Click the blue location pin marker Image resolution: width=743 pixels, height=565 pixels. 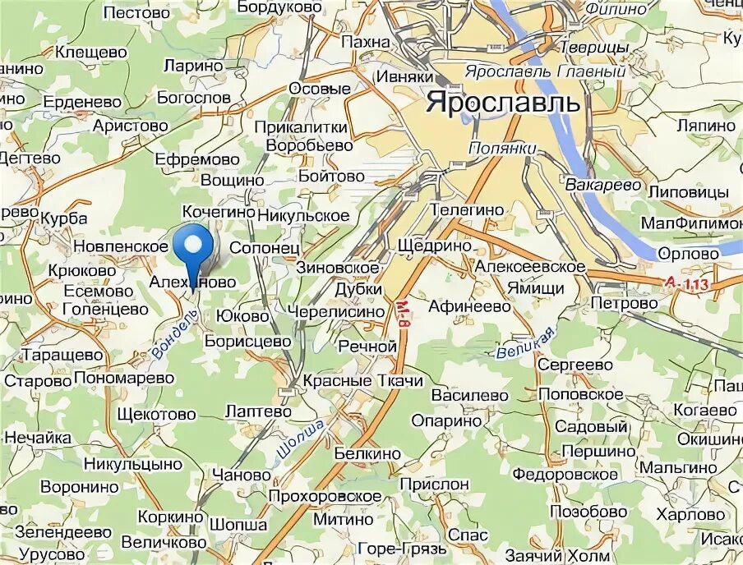194,246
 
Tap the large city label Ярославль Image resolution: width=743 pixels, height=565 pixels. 503,103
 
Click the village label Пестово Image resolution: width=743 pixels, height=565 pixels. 137,13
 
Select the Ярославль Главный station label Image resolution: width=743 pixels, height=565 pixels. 545,72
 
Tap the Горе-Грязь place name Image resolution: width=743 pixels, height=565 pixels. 403,548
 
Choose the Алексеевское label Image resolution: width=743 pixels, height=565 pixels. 529,267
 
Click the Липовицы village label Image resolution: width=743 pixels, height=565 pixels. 689,191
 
